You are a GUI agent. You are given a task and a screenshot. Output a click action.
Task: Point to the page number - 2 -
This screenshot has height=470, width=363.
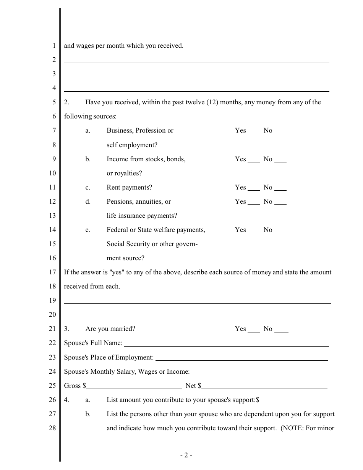pyautogui.click(x=186, y=455)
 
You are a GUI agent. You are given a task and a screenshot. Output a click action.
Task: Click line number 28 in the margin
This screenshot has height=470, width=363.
pyautogui.click(x=52, y=428)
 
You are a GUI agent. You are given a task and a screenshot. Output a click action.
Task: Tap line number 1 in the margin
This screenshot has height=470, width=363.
pyautogui.click(x=54, y=46)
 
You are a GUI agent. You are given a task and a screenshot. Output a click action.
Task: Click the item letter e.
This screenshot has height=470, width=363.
pyautogui.click(x=88, y=230)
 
